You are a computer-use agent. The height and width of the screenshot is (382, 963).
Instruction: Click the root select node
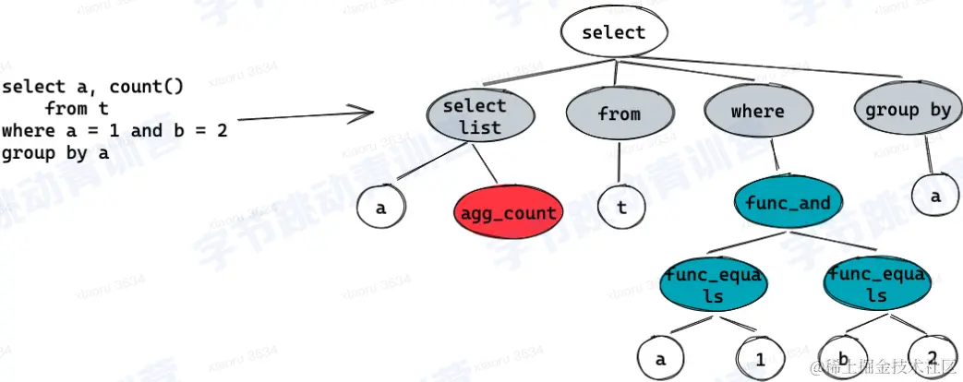click(614, 33)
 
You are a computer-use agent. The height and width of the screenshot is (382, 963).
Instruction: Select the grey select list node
click(479, 117)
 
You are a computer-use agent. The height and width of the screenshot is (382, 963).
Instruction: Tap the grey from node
click(618, 113)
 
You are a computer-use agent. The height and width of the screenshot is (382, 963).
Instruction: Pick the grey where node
click(756, 113)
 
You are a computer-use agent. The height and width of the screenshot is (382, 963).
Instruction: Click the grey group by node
click(907, 111)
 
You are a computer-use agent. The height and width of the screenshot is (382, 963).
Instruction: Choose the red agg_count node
click(507, 212)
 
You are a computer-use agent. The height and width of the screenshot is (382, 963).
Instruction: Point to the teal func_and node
click(787, 203)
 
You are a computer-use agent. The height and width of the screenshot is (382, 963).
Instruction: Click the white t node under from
click(622, 208)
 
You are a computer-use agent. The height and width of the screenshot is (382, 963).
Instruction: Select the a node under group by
click(936, 197)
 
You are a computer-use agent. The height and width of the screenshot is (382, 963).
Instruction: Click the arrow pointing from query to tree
click(305, 116)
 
